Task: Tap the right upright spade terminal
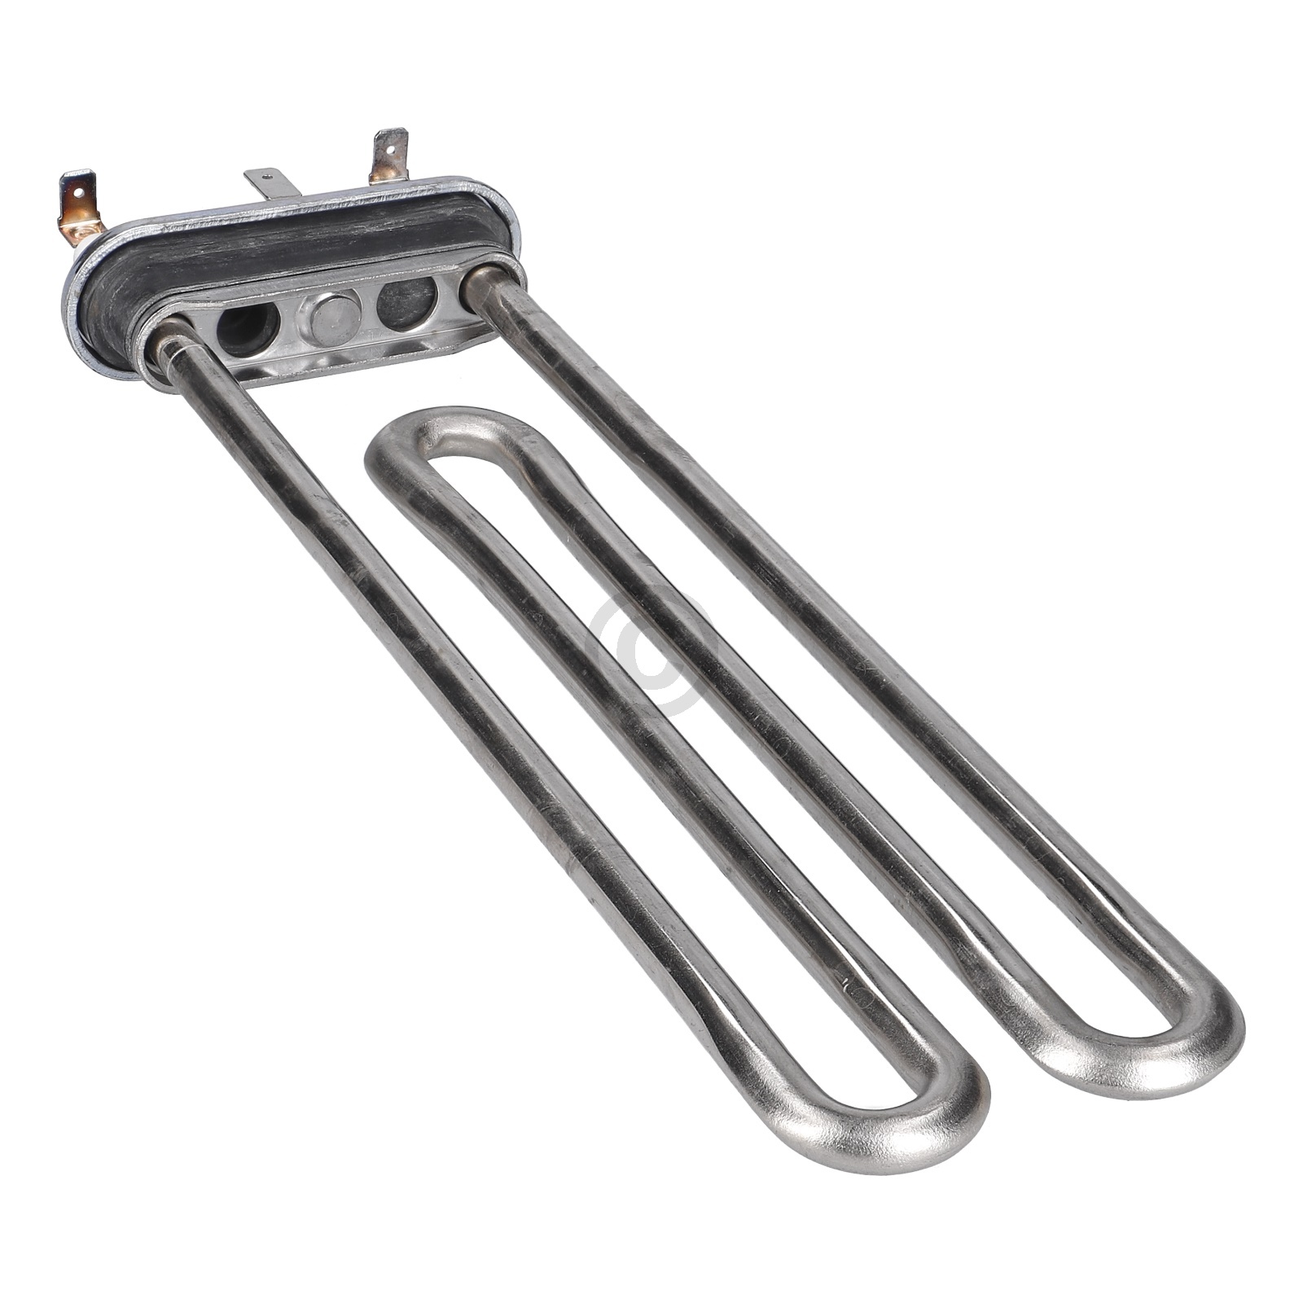pyautogui.click(x=388, y=156)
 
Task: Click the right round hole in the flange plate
pyautogui.click(x=406, y=304)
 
